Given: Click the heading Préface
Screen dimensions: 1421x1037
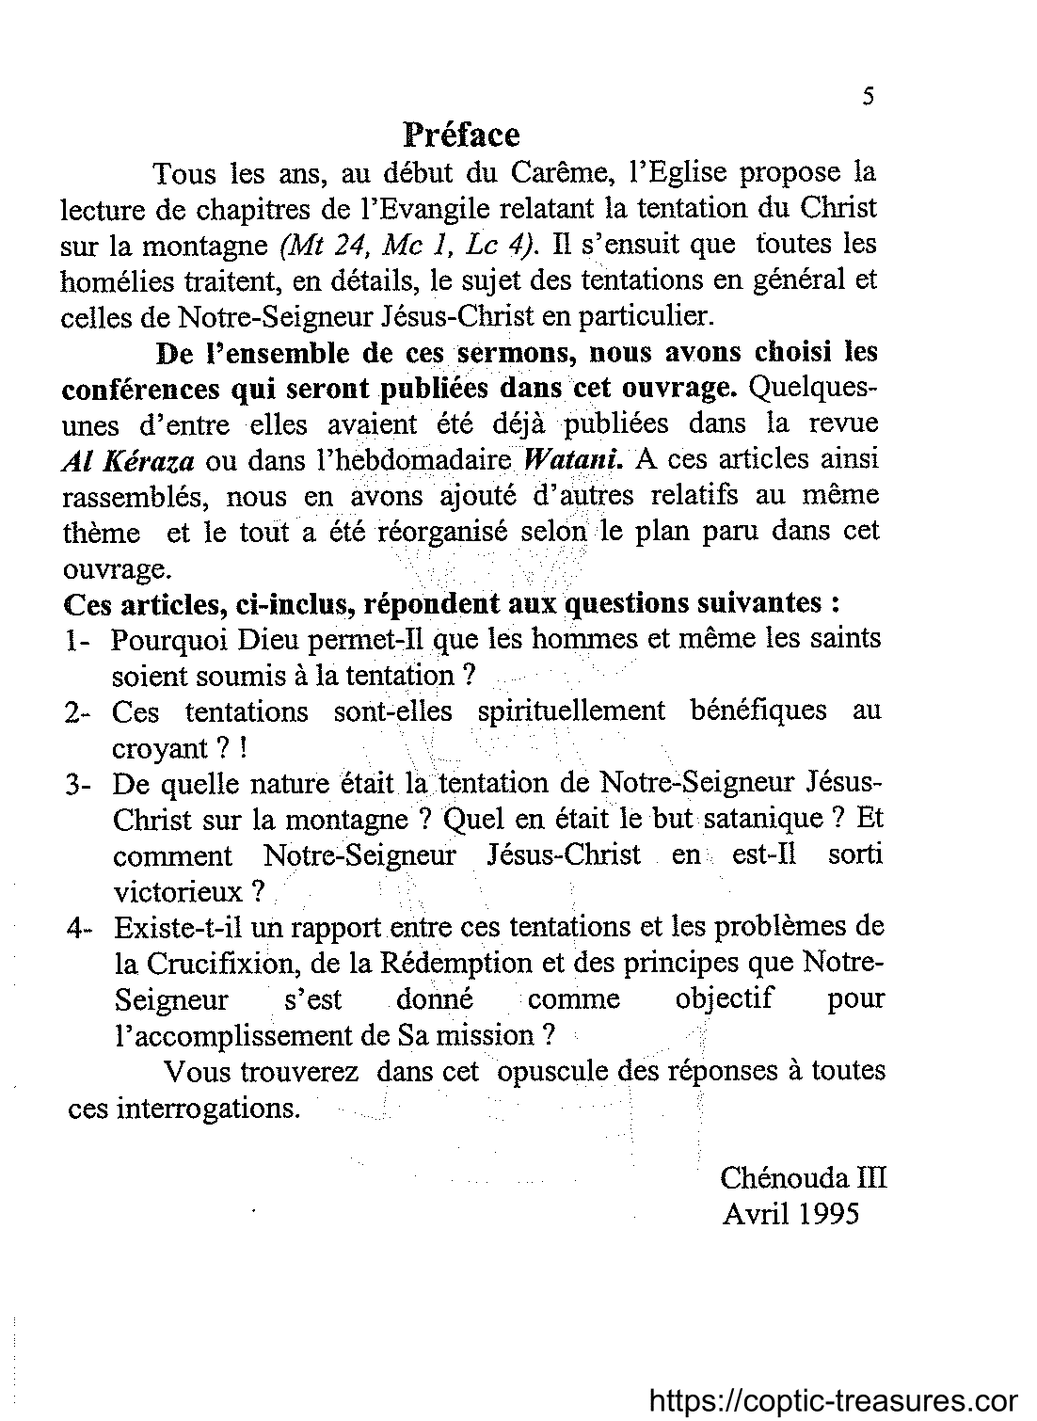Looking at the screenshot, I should [x=461, y=135].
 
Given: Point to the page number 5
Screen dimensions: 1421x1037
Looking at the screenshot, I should [x=868, y=96].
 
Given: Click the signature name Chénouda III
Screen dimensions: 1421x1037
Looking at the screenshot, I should [x=804, y=1178].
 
